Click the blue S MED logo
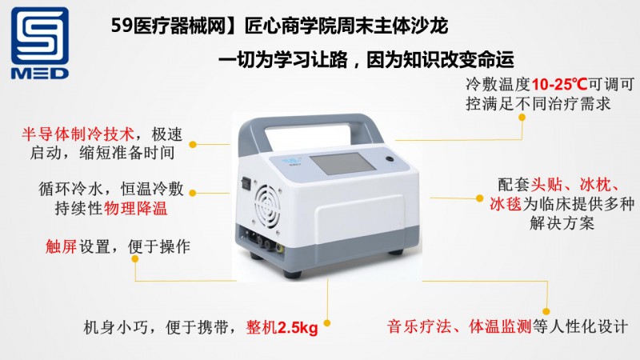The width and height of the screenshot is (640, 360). pos(39,43)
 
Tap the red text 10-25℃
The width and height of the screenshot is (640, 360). pos(559,85)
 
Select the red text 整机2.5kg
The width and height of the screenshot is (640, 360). pos(282,327)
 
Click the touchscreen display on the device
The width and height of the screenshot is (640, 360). pos(339,164)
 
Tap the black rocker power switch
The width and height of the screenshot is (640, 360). pos(246,183)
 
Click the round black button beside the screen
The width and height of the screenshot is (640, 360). pos(390,158)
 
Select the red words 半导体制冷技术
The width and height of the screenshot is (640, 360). pos(78,134)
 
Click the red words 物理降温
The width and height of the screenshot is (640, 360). pos(135,208)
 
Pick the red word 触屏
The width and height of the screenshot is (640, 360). pos(61,246)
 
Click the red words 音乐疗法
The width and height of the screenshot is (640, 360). pos(419,326)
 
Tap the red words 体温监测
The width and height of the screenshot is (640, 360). pos(500,326)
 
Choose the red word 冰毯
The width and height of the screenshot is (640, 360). pos(506,203)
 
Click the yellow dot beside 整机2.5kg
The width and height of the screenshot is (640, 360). pos(327,323)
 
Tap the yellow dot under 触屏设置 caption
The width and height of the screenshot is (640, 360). pos(135,258)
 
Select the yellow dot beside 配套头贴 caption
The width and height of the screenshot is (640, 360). pos(479,198)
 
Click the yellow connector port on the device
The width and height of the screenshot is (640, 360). pos(278,247)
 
